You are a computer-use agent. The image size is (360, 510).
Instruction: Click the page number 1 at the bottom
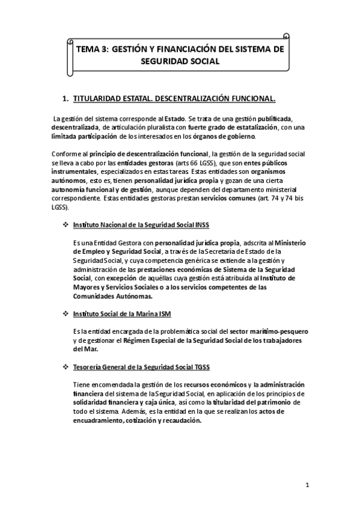click(307, 484)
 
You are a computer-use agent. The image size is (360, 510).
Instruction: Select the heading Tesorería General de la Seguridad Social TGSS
click(141, 367)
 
